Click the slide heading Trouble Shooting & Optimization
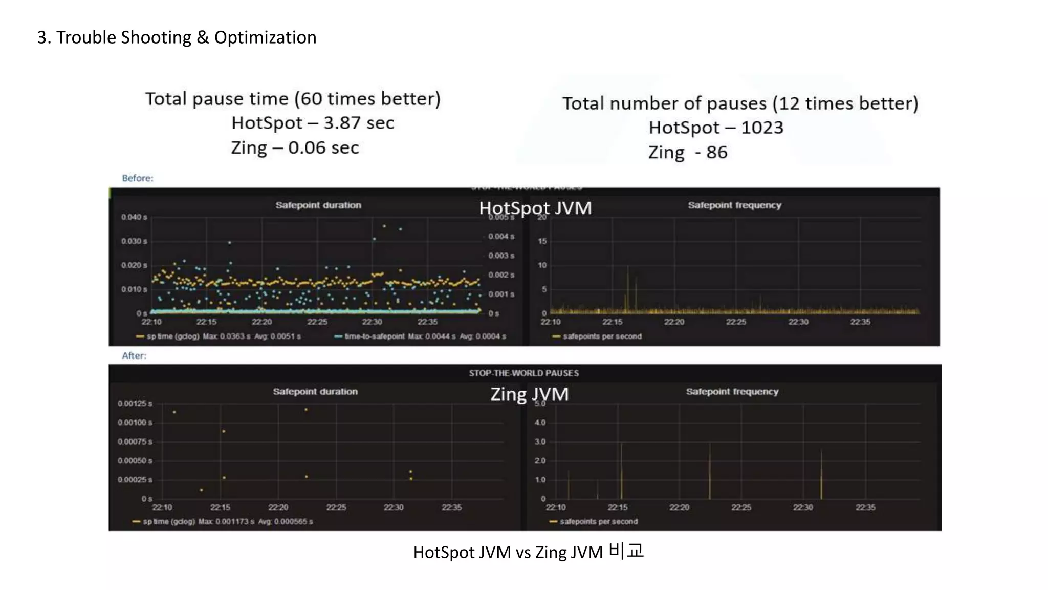(x=177, y=37)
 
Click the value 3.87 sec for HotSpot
(x=358, y=123)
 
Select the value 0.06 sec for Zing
(x=323, y=147)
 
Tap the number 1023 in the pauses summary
(x=761, y=128)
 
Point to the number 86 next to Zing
(x=716, y=152)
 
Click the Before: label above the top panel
(x=138, y=178)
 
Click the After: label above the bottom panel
(x=134, y=355)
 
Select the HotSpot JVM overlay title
(x=535, y=208)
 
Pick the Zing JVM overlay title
(x=529, y=394)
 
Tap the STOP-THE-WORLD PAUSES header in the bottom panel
(x=523, y=373)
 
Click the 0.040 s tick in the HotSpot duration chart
(x=134, y=217)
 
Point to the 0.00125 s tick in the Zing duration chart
(x=135, y=404)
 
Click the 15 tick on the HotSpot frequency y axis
(x=542, y=241)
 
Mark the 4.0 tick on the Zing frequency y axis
(x=540, y=423)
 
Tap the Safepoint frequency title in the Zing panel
(x=732, y=392)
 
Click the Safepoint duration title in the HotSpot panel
(x=318, y=205)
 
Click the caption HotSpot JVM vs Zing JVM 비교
(x=528, y=552)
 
